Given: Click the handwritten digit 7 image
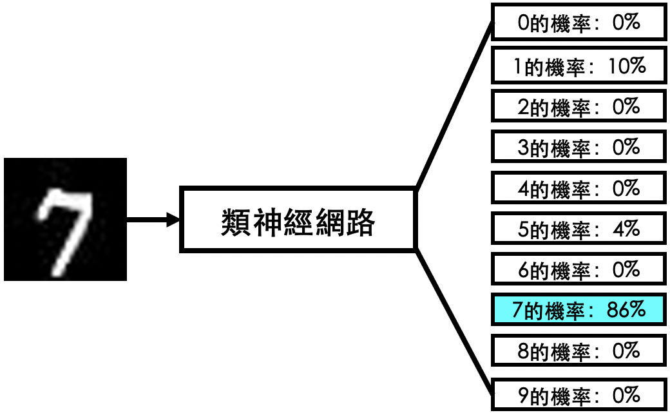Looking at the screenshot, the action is (x=65, y=219).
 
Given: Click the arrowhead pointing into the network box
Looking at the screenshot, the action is (x=173, y=220).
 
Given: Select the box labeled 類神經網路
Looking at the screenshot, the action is (x=298, y=220).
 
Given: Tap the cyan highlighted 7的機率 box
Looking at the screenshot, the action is (x=579, y=309).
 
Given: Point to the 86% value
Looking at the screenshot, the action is (x=626, y=309).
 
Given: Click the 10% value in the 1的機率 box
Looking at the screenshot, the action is (x=627, y=66).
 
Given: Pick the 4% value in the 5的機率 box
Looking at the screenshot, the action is (x=626, y=229).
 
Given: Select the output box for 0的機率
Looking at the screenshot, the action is (x=579, y=22).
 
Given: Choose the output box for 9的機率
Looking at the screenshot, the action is (x=579, y=394).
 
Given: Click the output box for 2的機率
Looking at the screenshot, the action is (x=579, y=106).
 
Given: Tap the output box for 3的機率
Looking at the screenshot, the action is (x=579, y=147).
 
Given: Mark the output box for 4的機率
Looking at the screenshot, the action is (x=579, y=188).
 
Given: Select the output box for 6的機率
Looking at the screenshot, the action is (x=579, y=269).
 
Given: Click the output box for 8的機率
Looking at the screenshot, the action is (x=579, y=351).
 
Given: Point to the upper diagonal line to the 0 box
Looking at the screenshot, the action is (x=454, y=105).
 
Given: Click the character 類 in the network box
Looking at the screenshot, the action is (x=236, y=222).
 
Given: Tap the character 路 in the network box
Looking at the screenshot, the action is (x=361, y=222).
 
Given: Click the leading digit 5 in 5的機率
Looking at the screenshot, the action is (x=523, y=229).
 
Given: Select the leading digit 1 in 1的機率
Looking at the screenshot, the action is (x=518, y=66).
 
